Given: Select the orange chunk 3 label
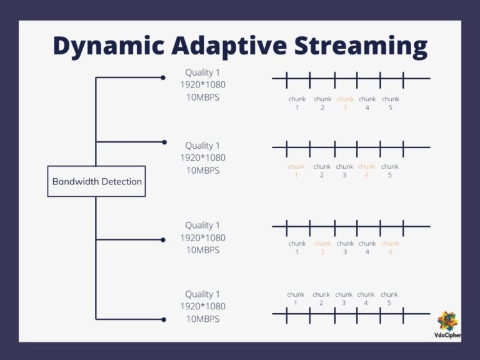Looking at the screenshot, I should tap(345, 103).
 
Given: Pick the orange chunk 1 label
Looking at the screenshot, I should tap(296, 171).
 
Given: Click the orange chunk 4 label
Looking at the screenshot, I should tap(367, 171).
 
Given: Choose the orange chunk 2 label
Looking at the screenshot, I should tap(322, 247).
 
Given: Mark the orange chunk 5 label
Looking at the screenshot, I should tap(390, 247).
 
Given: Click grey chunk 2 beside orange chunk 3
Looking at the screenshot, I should tap(322, 103).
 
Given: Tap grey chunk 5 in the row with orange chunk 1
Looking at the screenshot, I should tap(390, 171).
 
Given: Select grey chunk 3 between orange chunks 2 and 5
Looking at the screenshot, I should tap(345, 247).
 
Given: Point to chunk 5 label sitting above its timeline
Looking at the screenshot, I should tap(389, 299).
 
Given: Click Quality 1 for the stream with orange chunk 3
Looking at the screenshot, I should tap(203, 72).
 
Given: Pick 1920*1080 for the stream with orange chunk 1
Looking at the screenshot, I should tap(203, 157).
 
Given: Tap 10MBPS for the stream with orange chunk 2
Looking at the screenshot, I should tap(203, 250).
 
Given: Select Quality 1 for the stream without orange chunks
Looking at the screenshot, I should tap(203, 294).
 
